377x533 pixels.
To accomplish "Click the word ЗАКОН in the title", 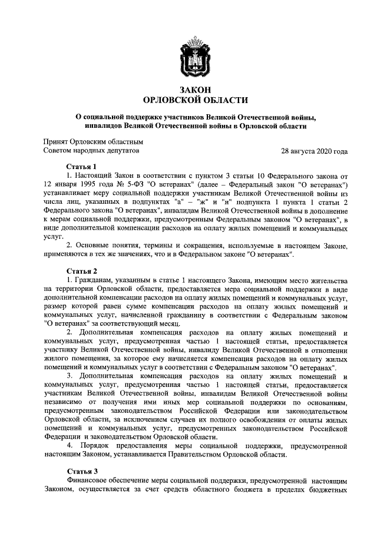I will tap(188, 89).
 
